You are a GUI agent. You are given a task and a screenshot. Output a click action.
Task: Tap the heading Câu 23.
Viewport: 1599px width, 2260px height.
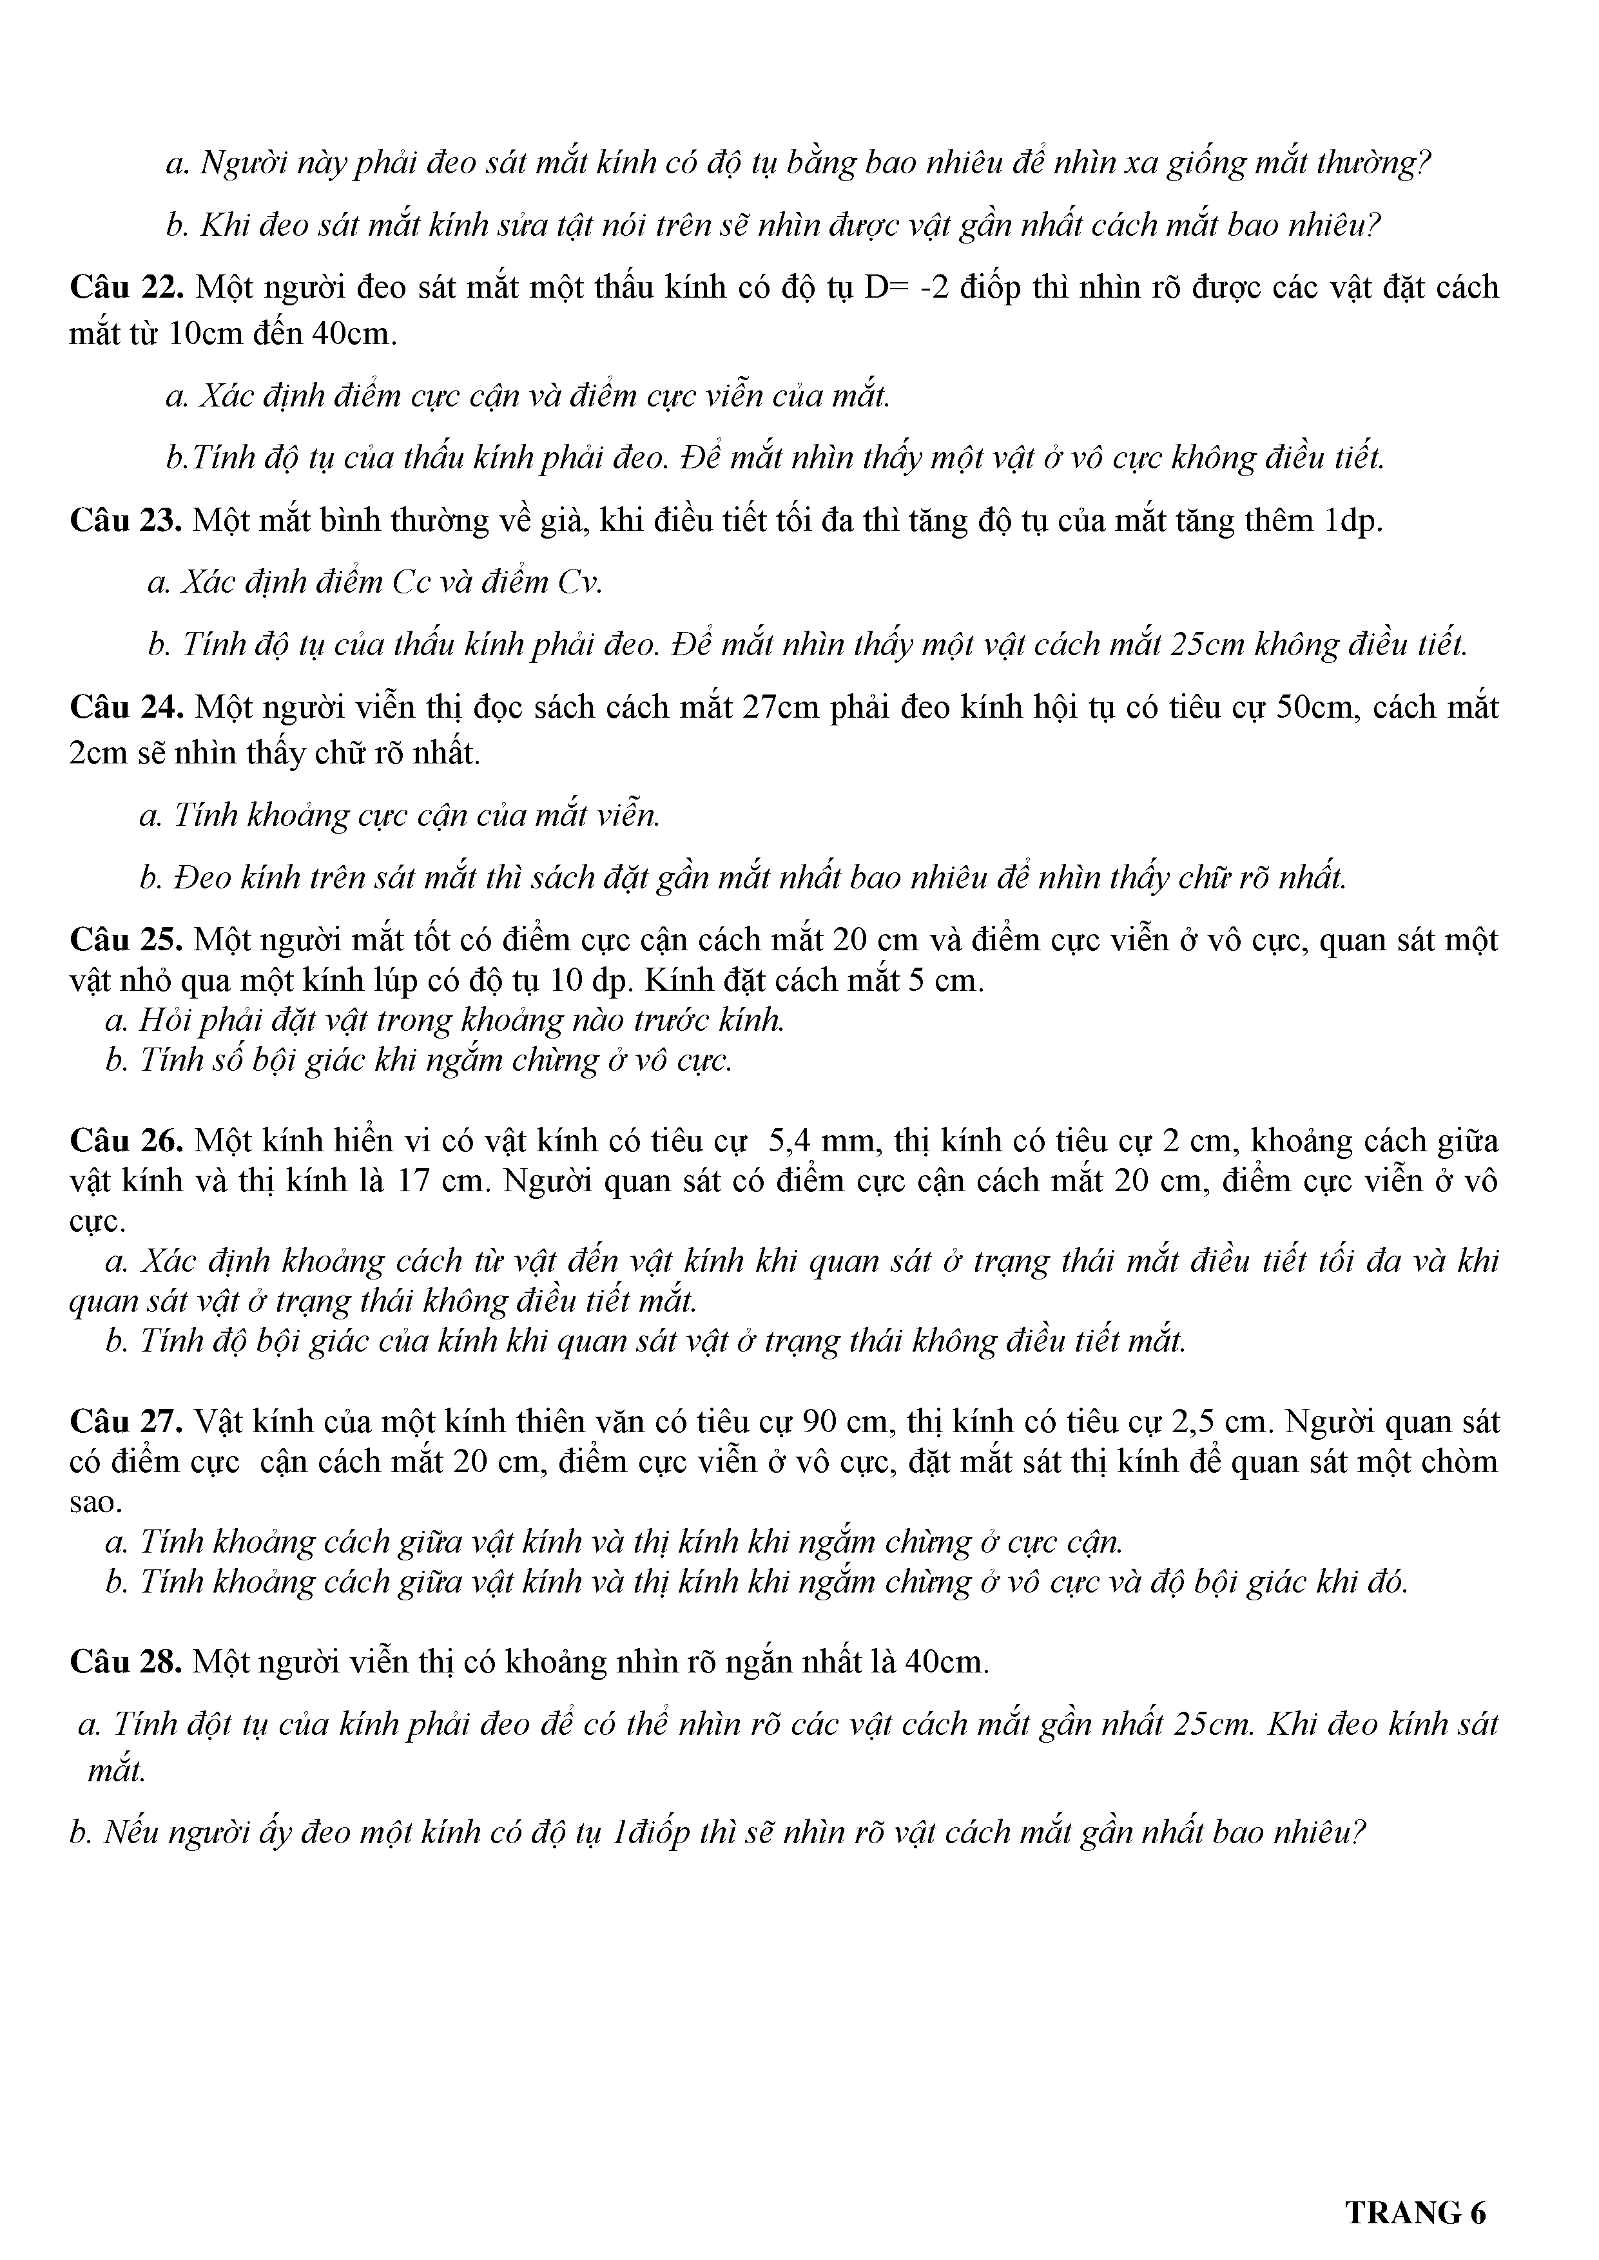tap(125, 521)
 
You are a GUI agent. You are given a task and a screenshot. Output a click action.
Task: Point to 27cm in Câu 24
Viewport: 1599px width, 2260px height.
tap(780, 707)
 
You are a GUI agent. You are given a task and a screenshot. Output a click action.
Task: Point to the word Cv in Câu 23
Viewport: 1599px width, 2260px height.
tap(577, 583)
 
